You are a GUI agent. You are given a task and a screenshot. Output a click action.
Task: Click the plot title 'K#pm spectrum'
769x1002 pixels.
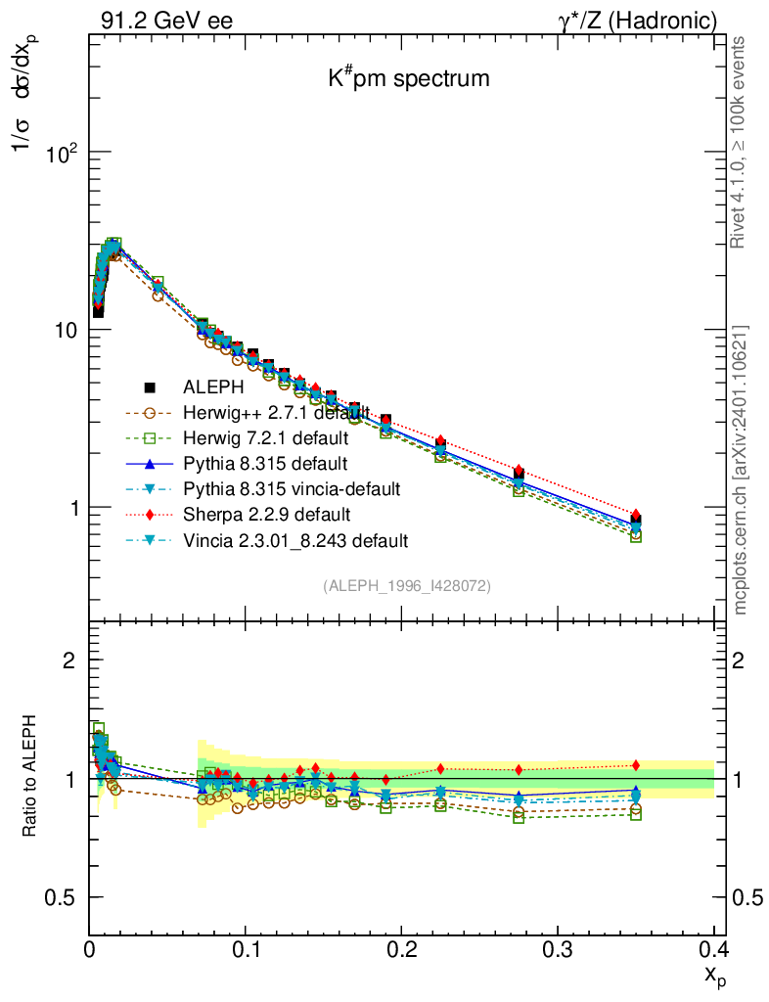(408, 79)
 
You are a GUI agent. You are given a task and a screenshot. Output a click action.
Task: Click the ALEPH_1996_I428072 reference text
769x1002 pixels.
(407, 586)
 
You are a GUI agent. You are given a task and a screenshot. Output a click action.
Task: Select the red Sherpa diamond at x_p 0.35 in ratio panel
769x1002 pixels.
(636, 765)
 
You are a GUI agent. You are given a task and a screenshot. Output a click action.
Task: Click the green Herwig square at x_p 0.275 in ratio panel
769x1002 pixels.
(519, 817)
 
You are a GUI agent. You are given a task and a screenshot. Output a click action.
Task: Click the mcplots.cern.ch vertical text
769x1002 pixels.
(741, 470)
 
